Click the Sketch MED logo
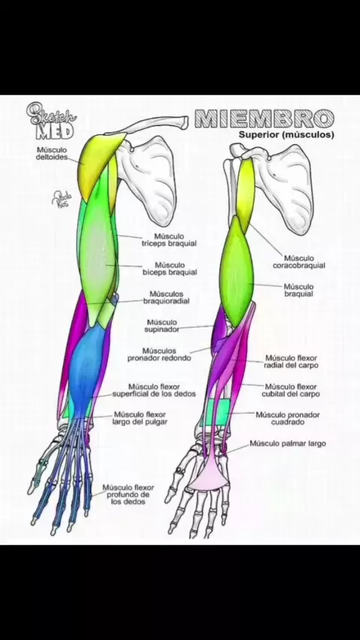[51, 121]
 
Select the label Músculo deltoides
[52, 154]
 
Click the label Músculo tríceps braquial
[169, 240]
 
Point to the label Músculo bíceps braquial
[169, 268]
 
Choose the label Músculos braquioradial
[166, 298]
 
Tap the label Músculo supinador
[162, 326]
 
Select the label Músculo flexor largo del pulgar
[139, 418]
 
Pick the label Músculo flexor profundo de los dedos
[128, 495]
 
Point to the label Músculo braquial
[298, 290]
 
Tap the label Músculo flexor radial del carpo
[291, 362]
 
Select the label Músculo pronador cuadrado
[288, 418]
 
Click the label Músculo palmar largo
[288, 443]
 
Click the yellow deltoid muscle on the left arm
[100, 163]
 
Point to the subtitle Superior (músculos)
[286, 134]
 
